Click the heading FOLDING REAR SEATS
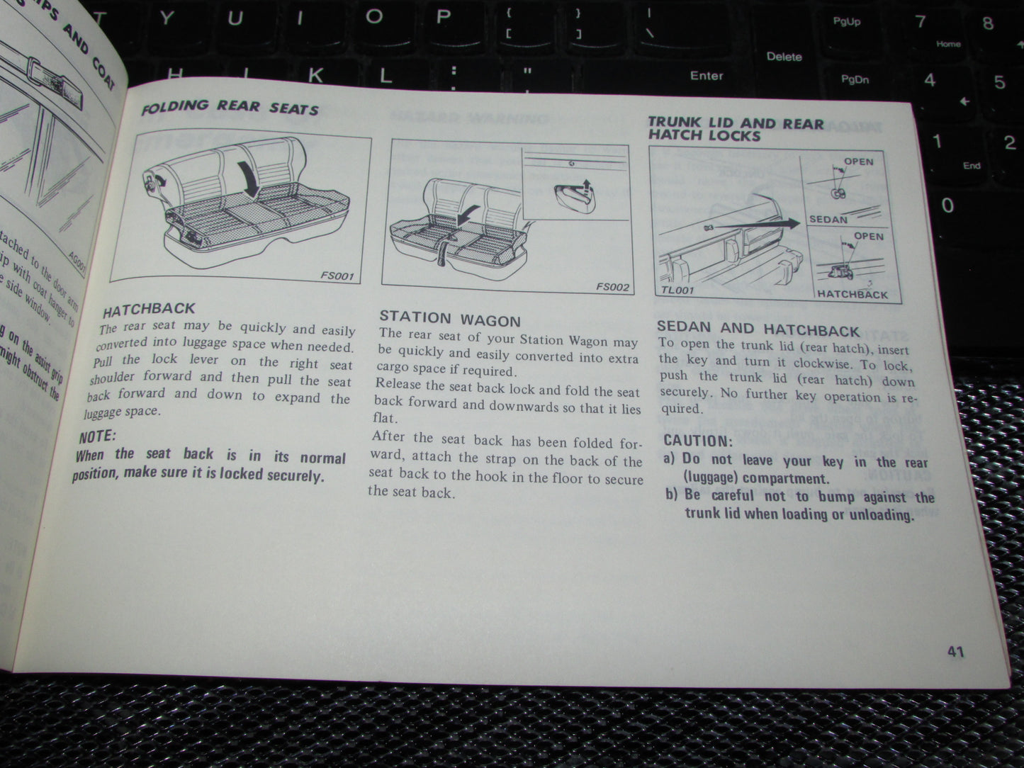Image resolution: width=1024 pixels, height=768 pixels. [x=230, y=108]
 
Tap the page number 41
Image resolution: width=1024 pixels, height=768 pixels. [x=955, y=651]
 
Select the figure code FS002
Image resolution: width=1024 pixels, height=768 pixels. [x=612, y=287]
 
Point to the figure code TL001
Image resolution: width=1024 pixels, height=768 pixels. [x=677, y=290]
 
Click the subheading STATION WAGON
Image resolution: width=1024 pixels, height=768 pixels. [x=450, y=318]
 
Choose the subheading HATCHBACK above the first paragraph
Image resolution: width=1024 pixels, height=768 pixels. [x=148, y=311]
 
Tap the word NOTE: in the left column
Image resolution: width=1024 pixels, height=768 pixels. [x=97, y=436]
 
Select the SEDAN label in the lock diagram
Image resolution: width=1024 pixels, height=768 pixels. [x=828, y=220]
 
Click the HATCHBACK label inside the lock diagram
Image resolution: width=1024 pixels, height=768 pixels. [x=852, y=294]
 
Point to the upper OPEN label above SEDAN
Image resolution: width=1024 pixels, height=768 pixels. [x=858, y=162]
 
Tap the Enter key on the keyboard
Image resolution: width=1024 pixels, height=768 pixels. [x=706, y=76]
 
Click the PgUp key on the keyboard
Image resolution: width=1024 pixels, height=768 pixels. [x=846, y=22]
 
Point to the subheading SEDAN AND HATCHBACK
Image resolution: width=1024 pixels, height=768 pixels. [x=758, y=329]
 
